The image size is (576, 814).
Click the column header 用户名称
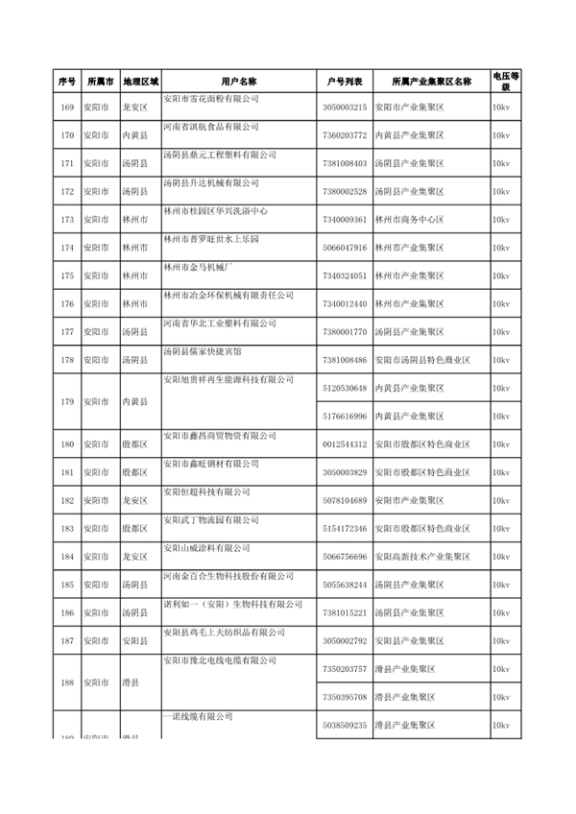pyautogui.click(x=237, y=82)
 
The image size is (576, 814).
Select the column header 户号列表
pyautogui.click(x=344, y=82)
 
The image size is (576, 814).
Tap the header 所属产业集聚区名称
pyautogui.click(x=430, y=82)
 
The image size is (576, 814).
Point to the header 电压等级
pyautogui.click(x=505, y=82)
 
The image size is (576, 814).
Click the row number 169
pyautogui.click(x=66, y=107)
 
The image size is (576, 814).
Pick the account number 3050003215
pyautogui.click(x=346, y=107)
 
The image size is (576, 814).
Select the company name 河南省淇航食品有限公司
pyautogui.click(x=209, y=126)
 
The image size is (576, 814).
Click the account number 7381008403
pyautogui.click(x=346, y=163)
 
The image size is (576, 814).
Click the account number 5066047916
pyautogui.click(x=346, y=248)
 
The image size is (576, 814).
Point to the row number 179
pyautogui.click(x=66, y=402)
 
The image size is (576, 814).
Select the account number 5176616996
pyautogui.click(x=346, y=417)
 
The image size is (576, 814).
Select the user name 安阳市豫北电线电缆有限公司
pyautogui.click(x=219, y=661)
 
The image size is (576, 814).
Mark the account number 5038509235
pyautogui.click(x=346, y=726)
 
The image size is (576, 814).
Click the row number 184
pyautogui.click(x=66, y=557)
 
